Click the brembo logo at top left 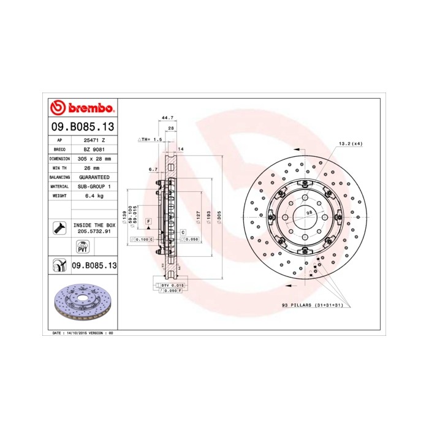click(82, 108)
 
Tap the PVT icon click(82, 247)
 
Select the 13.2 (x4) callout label click(351, 143)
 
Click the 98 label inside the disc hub click(309, 211)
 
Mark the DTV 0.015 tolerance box click(173, 286)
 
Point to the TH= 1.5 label click(150, 140)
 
